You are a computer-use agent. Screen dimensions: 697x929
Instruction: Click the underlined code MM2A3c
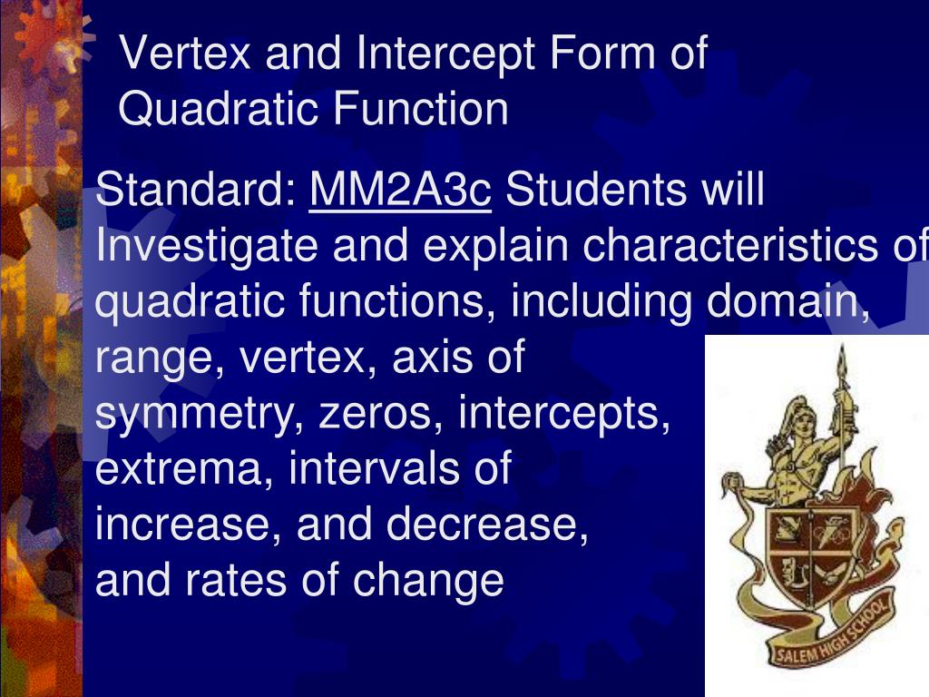400,191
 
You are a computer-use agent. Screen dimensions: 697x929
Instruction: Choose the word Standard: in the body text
196,191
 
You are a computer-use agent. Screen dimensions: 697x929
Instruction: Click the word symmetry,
200,415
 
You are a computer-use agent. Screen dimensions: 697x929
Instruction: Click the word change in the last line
428,582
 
